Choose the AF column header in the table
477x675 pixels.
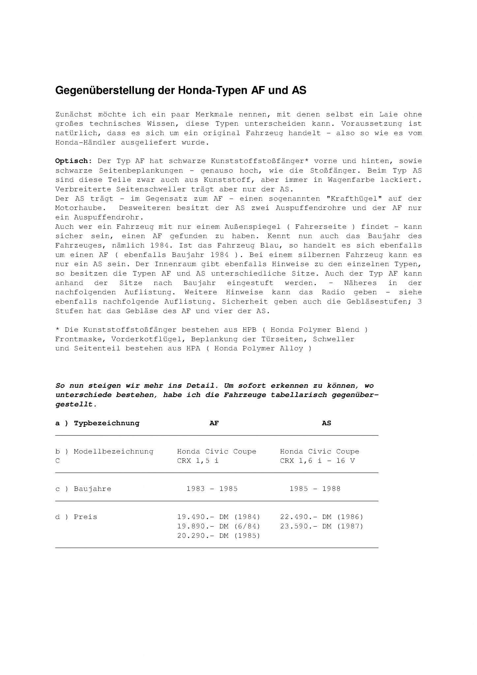coord(214,423)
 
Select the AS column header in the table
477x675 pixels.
coord(326,423)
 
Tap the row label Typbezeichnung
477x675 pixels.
coord(106,423)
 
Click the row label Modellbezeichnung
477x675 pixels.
coord(113,452)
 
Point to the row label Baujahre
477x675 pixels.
coord(92,489)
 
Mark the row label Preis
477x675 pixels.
coord(85,517)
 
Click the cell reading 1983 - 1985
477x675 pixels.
coord(212,489)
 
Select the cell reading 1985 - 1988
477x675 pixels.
coord(315,489)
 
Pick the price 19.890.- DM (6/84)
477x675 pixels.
coord(219,526)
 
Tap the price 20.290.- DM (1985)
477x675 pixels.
coord(219,536)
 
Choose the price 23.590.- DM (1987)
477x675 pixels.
coord(321,526)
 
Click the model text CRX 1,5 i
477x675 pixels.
coord(197,461)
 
